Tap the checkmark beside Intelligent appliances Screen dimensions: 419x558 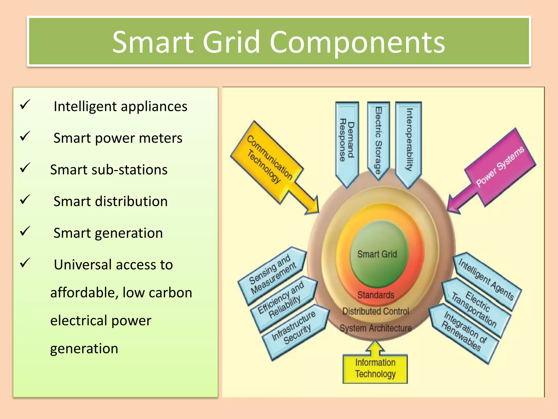25,104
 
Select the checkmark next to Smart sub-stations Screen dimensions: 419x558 25,168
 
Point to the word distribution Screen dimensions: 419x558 131,201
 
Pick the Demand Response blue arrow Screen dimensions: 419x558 347,142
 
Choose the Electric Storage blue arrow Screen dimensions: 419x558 378,139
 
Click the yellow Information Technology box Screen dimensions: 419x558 375,368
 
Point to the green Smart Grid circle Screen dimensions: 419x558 377,254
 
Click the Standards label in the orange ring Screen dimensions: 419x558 376,295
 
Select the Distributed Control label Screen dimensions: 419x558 376,311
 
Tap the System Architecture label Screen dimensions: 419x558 376,328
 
